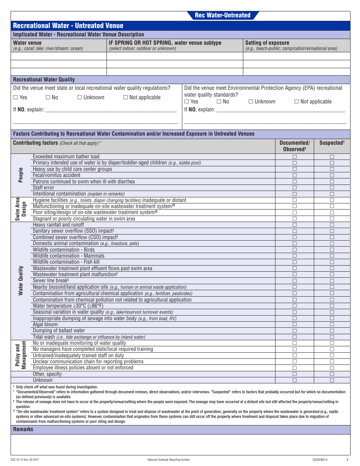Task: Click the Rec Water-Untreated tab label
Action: point(222,15)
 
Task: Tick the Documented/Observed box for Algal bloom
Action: point(294,324)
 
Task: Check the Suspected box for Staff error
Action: point(332,188)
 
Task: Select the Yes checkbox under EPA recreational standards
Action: point(187,102)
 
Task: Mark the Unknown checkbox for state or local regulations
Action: point(80,97)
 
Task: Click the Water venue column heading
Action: point(27,43)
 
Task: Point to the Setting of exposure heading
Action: point(267,43)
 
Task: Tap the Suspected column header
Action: point(332,143)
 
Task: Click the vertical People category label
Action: point(21,175)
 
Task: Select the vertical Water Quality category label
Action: point(21,281)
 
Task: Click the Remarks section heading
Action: point(23,429)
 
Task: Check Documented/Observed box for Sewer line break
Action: point(294,281)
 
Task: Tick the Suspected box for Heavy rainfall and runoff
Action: point(332,225)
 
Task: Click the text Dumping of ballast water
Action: point(59,331)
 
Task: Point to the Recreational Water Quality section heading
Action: point(44,80)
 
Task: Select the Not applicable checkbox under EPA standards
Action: point(297,102)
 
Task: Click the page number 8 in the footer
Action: point(347,460)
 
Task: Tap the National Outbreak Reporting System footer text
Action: point(169,460)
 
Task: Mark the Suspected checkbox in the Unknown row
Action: point(332,380)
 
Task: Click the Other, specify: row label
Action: point(48,374)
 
